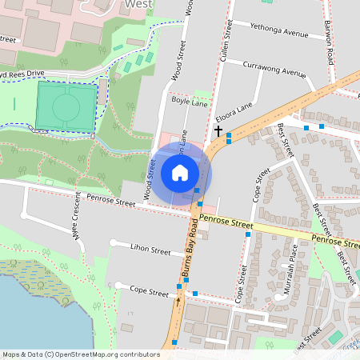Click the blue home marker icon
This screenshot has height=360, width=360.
(x=180, y=172)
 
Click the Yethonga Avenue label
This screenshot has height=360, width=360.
(x=279, y=34)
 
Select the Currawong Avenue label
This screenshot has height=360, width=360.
(x=274, y=68)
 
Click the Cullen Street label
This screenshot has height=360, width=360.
(x=227, y=42)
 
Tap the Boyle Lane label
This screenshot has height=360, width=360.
(x=190, y=104)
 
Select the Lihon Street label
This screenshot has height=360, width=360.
(x=150, y=250)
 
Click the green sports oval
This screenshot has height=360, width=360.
(x=66, y=104)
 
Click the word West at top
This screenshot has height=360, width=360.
(x=139, y=4)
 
